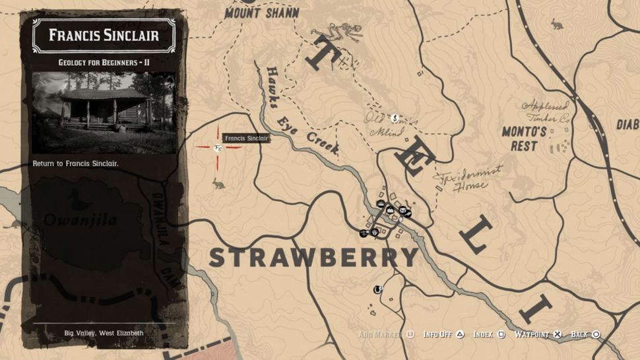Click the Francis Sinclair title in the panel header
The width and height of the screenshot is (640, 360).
pos(104,35)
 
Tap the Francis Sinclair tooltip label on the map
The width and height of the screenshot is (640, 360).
pos(245,138)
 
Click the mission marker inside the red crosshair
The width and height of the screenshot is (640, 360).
pos(217,147)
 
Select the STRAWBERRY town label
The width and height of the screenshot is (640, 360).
pos(313,257)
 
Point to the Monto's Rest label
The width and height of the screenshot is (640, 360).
pos(524,138)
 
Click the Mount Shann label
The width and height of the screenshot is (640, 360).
pos(262,12)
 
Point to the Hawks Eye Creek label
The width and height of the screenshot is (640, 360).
pos(301,111)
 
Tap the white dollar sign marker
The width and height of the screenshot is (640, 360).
pos(395,119)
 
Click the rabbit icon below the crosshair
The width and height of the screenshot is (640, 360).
pos(218,183)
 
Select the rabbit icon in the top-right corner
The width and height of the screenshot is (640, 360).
pos(558,25)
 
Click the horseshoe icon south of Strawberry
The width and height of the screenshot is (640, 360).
pos(378,288)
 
